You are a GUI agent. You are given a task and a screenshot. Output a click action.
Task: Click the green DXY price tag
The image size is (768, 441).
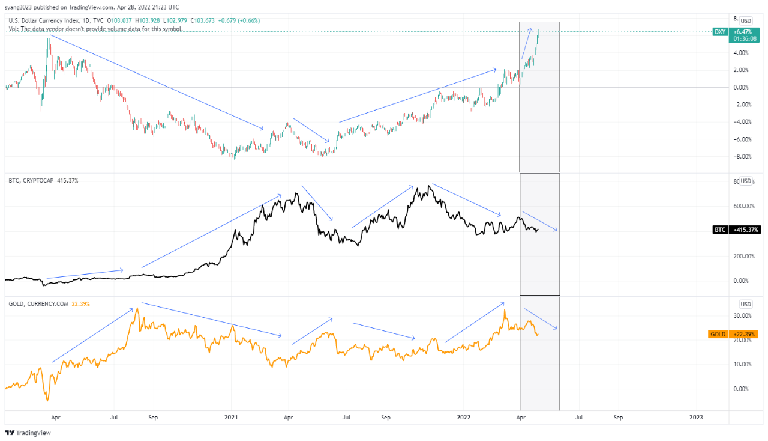coord(719,31)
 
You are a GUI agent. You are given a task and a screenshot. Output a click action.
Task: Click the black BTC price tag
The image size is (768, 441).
coord(720,230)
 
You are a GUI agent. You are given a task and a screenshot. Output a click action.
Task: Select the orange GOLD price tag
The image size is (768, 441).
coord(718,334)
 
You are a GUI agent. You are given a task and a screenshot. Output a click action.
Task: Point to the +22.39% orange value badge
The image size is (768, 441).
coord(745,334)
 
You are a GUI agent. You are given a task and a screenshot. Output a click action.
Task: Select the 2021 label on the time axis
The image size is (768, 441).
coord(232,416)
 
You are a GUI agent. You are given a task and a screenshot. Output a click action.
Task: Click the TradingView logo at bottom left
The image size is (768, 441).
coord(28,433)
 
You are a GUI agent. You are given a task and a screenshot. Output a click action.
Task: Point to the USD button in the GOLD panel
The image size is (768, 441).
coord(746,304)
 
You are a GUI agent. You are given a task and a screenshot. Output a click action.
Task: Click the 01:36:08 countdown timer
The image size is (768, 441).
coord(745,38)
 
